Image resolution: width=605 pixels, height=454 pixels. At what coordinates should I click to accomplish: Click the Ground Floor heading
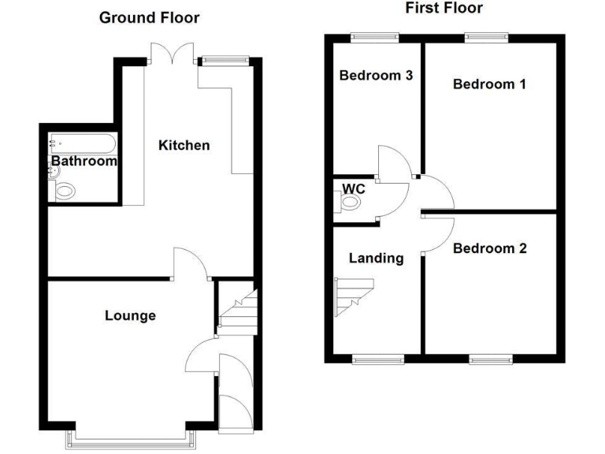[x=149, y=17]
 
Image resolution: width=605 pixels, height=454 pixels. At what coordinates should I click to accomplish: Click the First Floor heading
[x=444, y=8]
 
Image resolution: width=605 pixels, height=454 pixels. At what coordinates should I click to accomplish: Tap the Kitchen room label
[x=184, y=145]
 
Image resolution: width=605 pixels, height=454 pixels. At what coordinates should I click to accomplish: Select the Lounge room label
[x=130, y=316]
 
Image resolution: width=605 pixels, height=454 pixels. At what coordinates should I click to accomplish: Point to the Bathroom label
[x=84, y=162]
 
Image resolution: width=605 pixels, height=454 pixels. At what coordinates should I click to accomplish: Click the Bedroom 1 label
[x=489, y=84]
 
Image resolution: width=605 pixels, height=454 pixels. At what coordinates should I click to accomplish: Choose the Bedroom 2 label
[x=489, y=248]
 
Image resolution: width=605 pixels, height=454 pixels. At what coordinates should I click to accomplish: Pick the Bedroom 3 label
[x=376, y=76]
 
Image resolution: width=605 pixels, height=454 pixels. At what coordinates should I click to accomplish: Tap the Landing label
[x=376, y=258]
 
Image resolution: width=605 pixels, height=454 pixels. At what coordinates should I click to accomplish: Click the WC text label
[x=354, y=189]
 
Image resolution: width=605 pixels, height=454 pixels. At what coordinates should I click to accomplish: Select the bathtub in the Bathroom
[x=82, y=143]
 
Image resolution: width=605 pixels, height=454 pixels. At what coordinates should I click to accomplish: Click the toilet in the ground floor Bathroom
[x=63, y=190]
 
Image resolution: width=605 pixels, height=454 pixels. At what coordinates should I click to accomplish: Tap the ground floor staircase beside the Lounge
[x=238, y=311]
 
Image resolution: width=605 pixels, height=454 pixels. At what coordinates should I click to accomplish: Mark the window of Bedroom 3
[x=375, y=35]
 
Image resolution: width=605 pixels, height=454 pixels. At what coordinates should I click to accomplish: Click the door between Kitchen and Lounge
[x=190, y=264]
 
